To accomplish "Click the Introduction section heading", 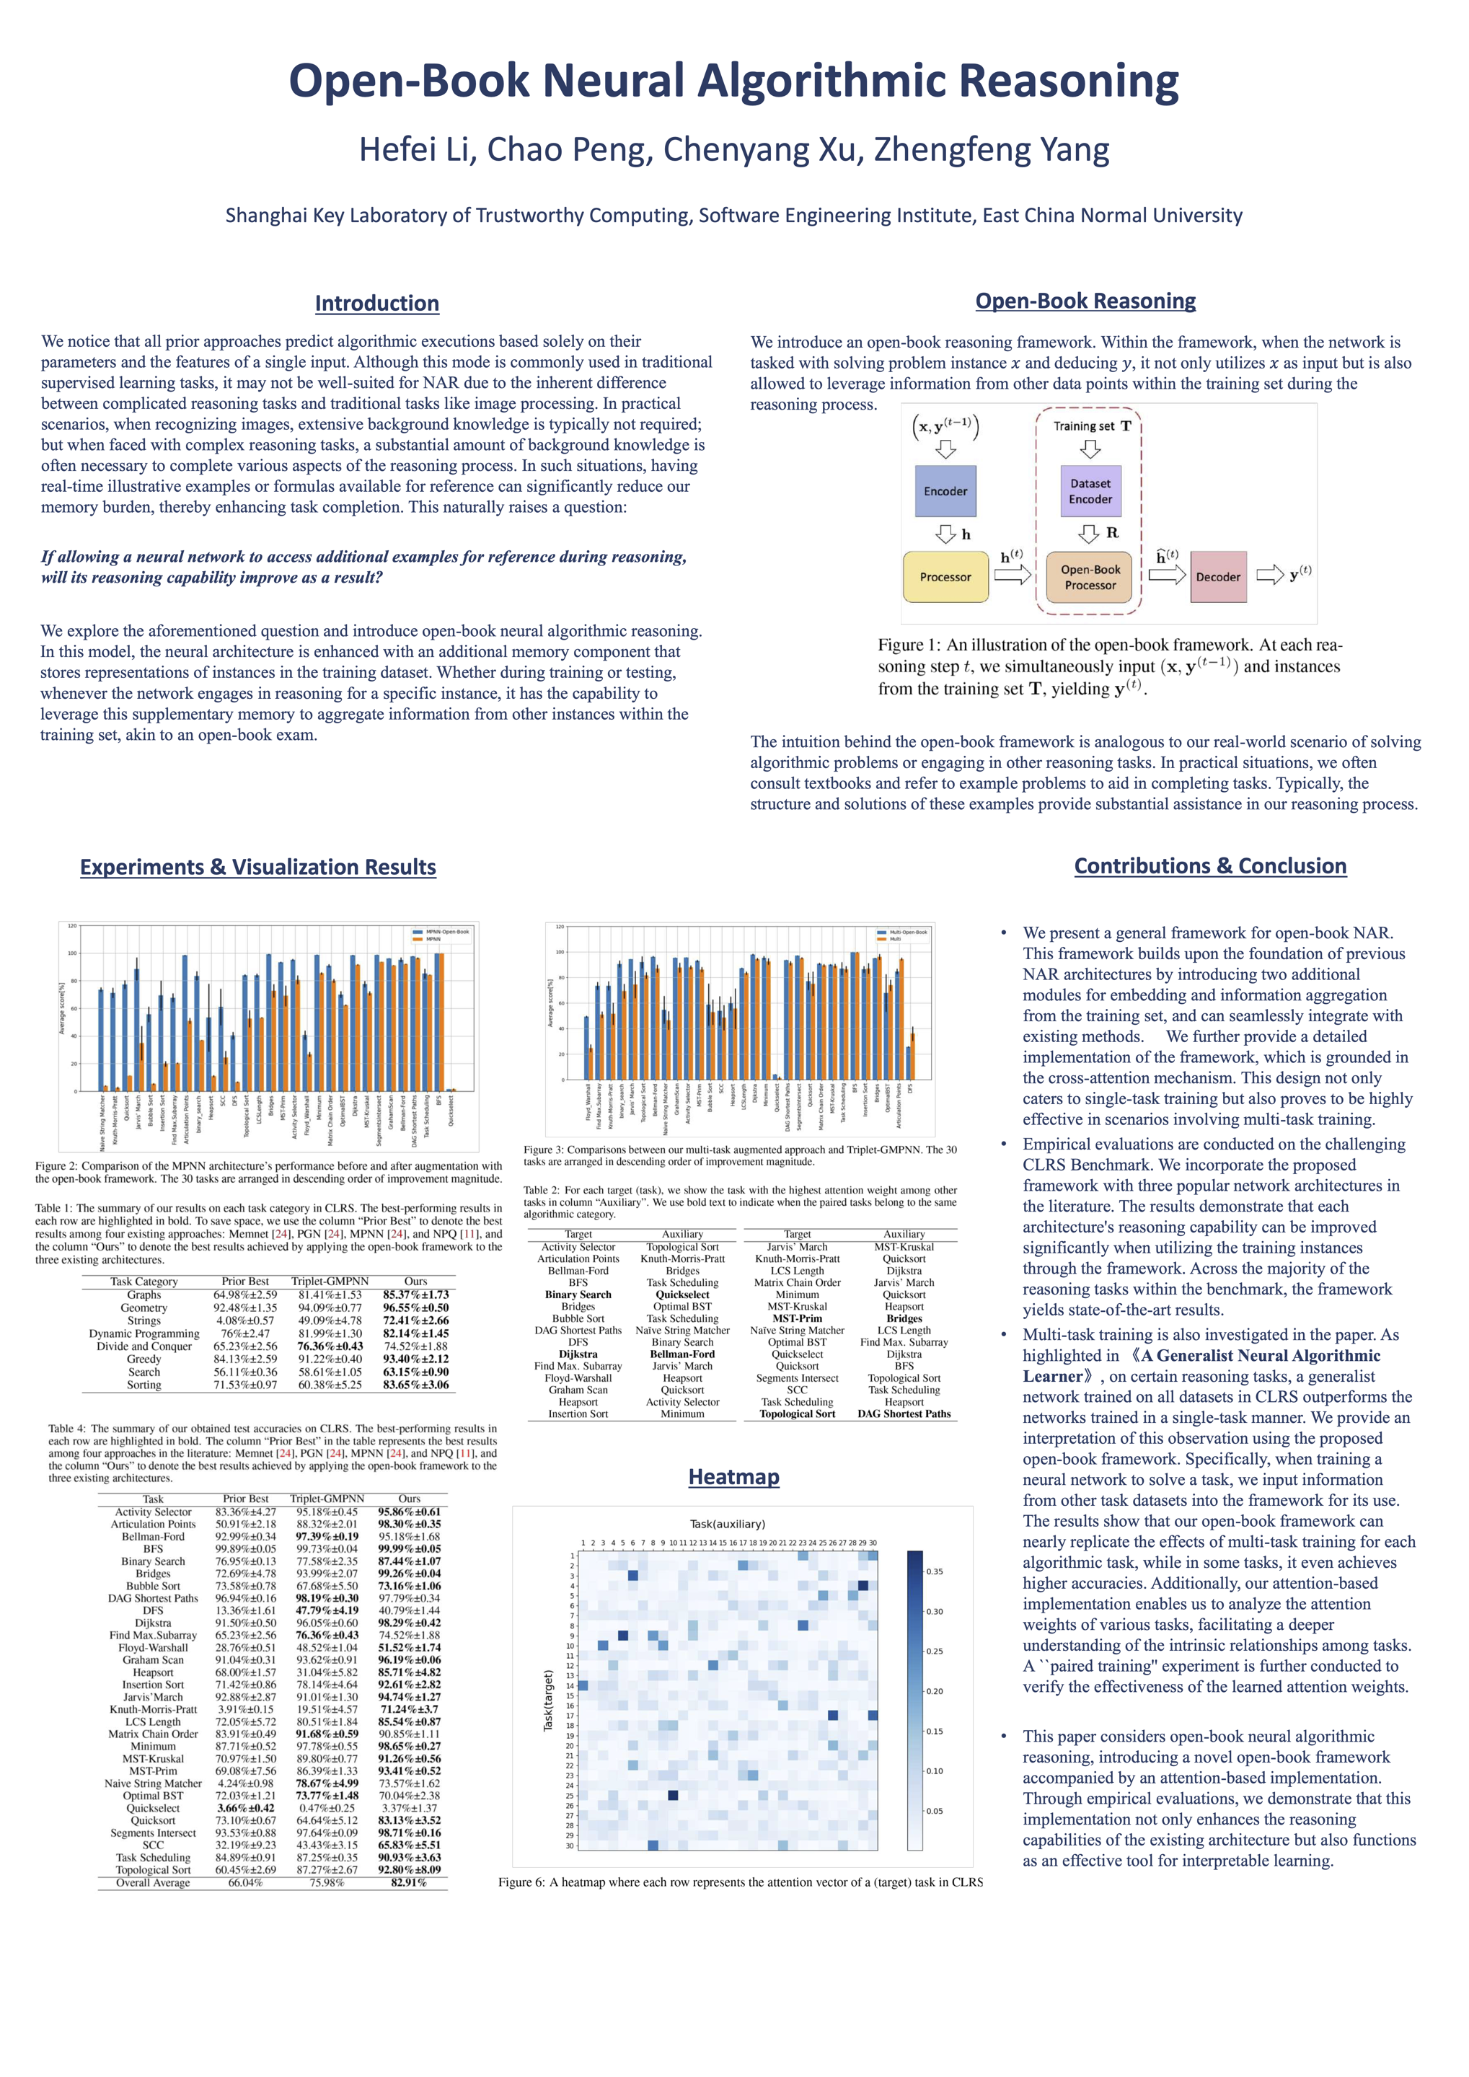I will pyautogui.click(x=376, y=303).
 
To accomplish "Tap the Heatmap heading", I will pyautogui.click(x=733, y=1476).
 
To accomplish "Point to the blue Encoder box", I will pyautogui.click(x=945, y=491).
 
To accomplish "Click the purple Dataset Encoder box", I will pyautogui.click(x=1090, y=491).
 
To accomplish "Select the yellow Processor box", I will pyautogui.click(x=945, y=577).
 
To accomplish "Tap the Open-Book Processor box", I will pyautogui.click(x=1090, y=577).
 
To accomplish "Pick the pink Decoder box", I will pyautogui.click(x=1217, y=577).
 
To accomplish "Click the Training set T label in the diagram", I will pyautogui.click(x=1091, y=426).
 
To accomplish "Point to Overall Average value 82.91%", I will pyautogui.click(x=408, y=1882).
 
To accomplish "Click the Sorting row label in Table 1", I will pyautogui.click(x=144, y=1385).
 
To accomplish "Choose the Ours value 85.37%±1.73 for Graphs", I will pyautogui.click(x=415, y=1295).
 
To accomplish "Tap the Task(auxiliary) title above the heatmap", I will pyautogui.click(x=727, y=1525).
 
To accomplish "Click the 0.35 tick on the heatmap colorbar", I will pyautogui.click(x=935, y=1571).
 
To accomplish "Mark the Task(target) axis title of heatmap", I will pyautogui.click(x=548, y=1701).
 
